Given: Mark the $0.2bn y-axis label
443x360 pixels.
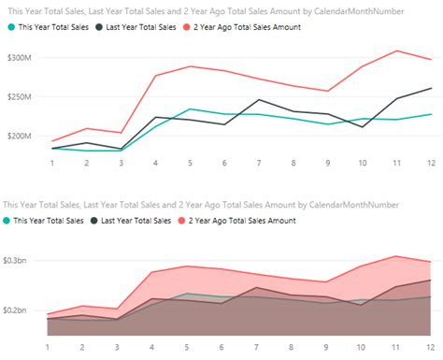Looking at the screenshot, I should click(17, 310).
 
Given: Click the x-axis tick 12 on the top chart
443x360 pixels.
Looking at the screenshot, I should click(429, 162).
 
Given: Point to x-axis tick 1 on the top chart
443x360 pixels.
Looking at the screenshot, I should click(51, 162).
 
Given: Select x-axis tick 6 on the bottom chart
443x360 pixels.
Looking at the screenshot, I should click(223, 345).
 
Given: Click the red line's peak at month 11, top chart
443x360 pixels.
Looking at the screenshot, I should click(395, 50).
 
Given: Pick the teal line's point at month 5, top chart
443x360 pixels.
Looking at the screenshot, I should click(190, 109).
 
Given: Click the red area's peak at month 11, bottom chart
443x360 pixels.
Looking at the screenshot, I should click(395, 255).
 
